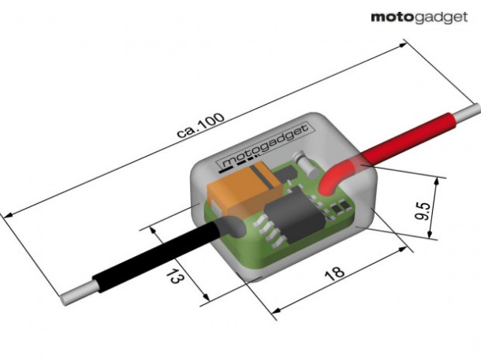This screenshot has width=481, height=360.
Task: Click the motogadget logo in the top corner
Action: coord(418,17)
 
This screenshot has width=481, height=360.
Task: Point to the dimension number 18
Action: coord(334,273)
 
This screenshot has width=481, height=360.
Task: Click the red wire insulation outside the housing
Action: coord(410,139)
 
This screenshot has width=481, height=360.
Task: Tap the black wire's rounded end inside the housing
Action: coord(231,228)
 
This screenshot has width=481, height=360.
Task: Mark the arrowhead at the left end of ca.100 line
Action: coord(9,213)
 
